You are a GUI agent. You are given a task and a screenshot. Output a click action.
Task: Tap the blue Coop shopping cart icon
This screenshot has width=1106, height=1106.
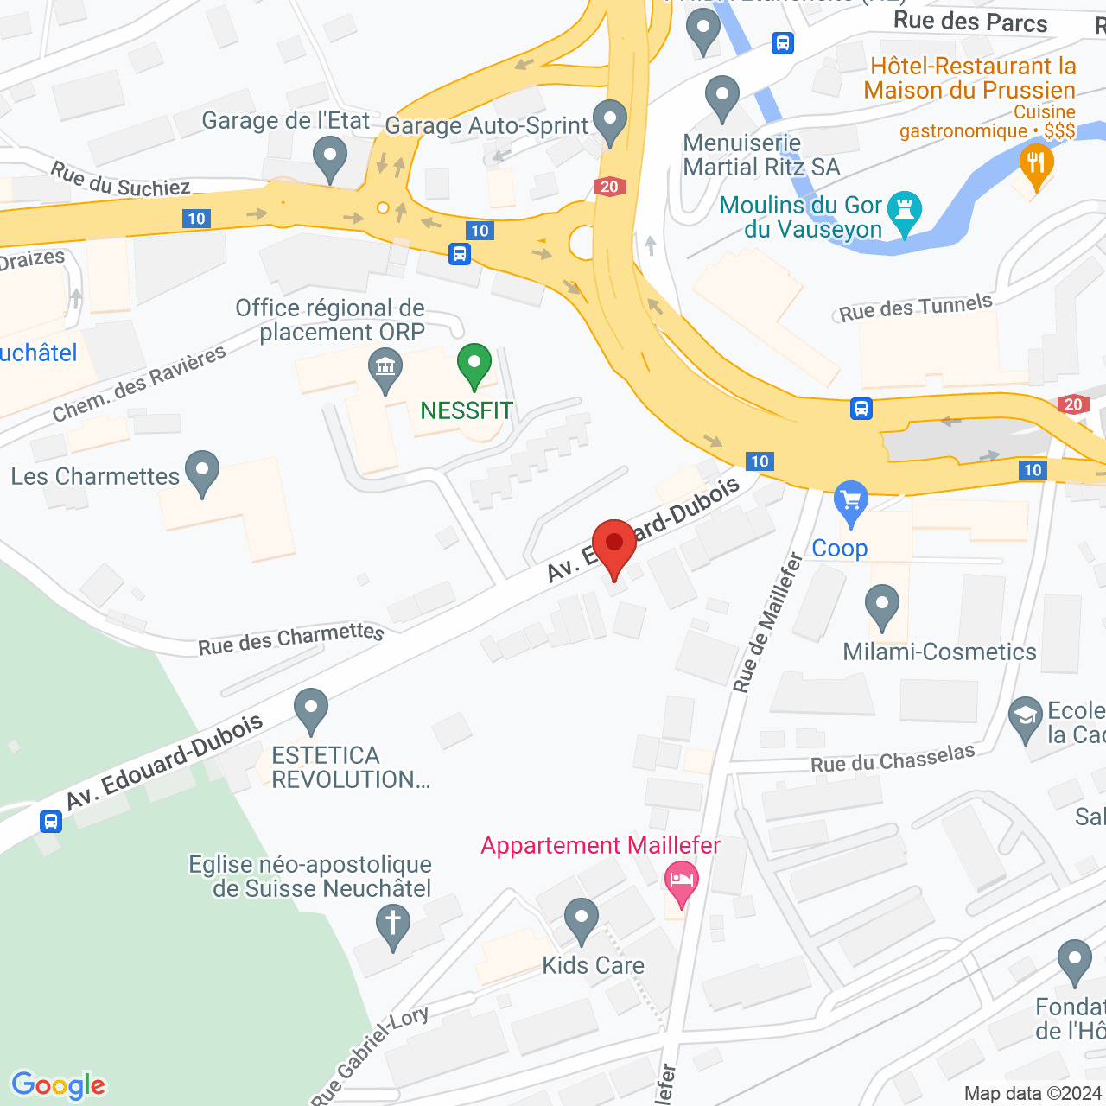pos(851,501)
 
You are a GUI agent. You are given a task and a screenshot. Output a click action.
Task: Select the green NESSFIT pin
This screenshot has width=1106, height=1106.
pos(474,365)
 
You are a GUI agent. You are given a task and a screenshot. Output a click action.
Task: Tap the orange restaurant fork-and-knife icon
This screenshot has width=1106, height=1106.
pos(1035,164)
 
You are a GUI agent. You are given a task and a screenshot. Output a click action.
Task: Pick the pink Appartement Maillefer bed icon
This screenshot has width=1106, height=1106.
pos(682,882)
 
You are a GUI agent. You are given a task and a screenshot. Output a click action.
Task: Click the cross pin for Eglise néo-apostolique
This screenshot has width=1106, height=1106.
pos(393,925)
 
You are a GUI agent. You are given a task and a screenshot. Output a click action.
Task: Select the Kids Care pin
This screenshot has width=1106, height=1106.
pos(581,919)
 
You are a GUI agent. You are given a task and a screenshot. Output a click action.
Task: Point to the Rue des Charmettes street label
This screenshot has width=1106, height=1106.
pos(290,639)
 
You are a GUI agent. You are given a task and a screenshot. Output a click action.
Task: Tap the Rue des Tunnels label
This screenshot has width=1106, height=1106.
pos(916,308)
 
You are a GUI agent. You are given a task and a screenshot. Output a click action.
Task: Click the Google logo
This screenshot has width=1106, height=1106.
pos(59,1085)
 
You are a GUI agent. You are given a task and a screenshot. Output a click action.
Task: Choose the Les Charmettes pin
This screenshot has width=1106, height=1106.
pos(202,472)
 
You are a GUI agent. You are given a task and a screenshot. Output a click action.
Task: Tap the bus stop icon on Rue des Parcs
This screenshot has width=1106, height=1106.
pos(783,42)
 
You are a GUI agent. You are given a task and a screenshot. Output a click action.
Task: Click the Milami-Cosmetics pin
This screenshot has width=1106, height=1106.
pos(882,606)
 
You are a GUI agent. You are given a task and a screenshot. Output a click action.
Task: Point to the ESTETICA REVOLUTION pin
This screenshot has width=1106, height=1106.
pos(311,709)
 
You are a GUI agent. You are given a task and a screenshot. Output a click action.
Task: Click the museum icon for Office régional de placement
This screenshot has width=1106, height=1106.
pos(385,369)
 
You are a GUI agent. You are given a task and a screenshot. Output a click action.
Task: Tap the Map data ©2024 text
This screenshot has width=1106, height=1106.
pos(1033,1093)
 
